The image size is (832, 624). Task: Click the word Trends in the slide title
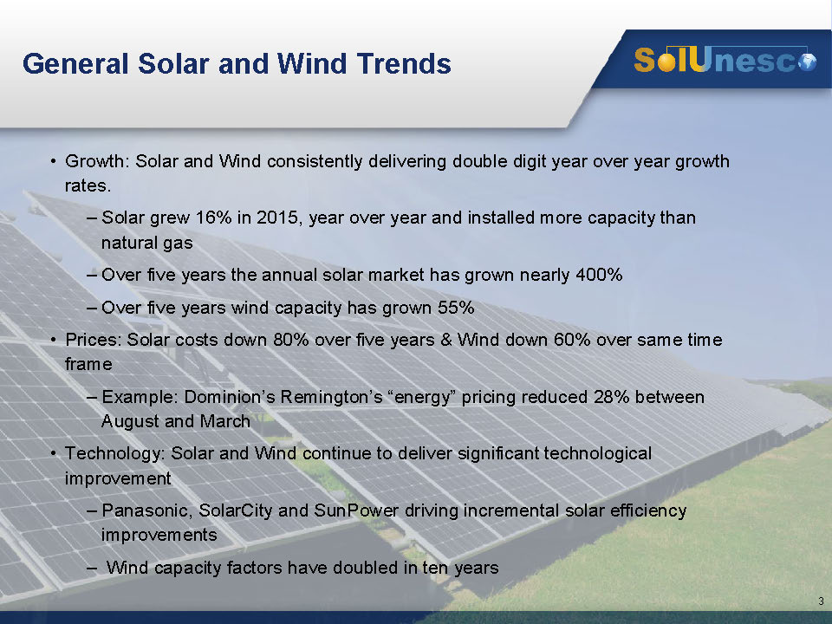tap(404, 63)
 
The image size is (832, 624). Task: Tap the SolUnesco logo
tap(725, 60)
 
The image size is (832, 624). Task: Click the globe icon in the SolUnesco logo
tap(808, 62)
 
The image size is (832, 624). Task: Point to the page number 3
tap(821, 601)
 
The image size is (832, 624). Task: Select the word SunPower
tap(356, 510)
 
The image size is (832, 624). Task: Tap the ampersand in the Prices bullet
tap(445, 339)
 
